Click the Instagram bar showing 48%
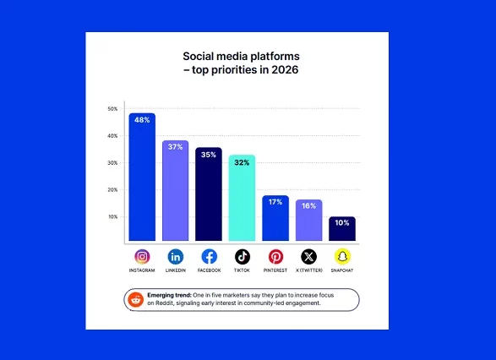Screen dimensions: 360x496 click(142, 177)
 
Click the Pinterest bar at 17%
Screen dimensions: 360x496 click(275, 218)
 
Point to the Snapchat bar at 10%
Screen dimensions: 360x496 click(341, 229)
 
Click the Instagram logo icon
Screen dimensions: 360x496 click(142, 256)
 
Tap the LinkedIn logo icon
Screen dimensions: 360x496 click(175, 256)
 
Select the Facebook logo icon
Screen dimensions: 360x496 click(209, 256)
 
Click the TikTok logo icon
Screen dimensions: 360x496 click(242, 256)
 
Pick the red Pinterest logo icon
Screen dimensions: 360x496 click(275, 256)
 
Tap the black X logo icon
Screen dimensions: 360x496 click(308, 256)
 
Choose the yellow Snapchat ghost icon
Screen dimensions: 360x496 click(341, 256)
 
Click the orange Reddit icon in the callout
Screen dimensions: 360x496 click(135, 299)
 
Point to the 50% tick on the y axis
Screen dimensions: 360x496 click(112, 109)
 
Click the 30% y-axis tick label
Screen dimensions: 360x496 click(112, 163)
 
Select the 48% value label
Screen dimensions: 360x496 click(142, 120)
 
